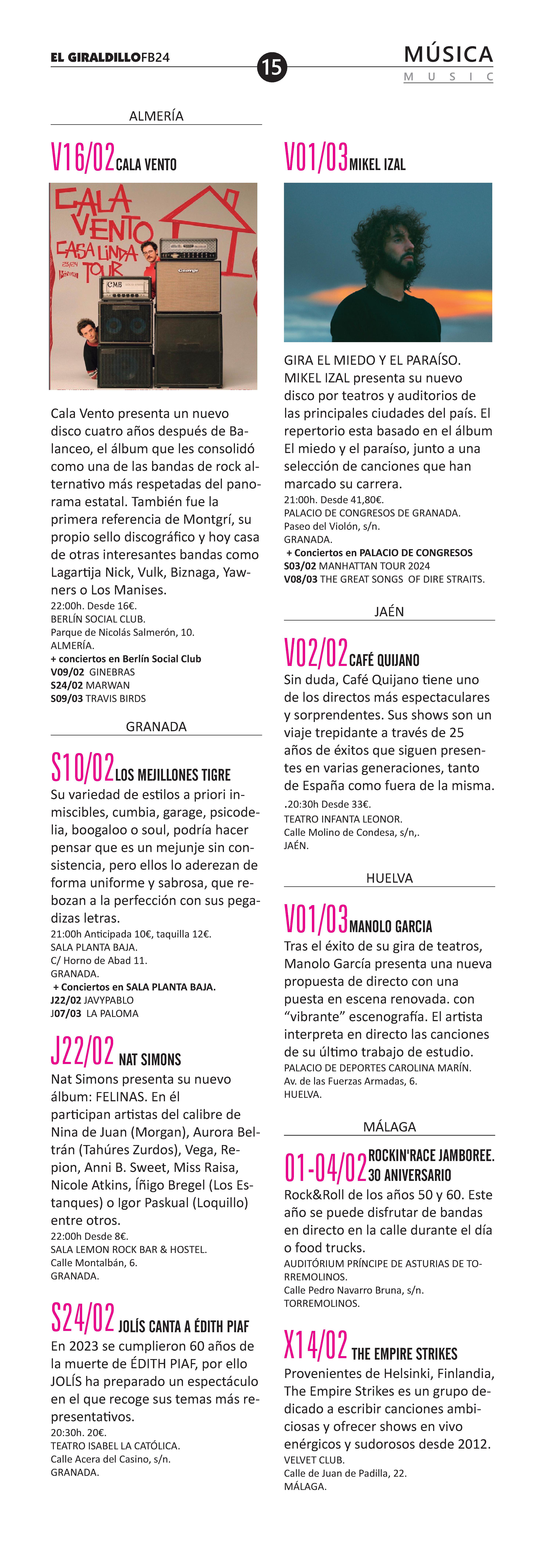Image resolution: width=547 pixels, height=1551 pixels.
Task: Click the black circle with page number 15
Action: tap(272, 67)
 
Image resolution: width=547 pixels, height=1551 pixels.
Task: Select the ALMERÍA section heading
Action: tap(156, 116)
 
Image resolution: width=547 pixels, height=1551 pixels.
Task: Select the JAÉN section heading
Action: tap(389, 612)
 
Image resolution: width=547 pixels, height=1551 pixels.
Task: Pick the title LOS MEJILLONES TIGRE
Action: tap(173, 775)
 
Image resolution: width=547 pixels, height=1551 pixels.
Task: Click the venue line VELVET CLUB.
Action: tap(314, 1460)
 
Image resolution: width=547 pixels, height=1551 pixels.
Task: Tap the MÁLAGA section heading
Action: tap(389, 1126)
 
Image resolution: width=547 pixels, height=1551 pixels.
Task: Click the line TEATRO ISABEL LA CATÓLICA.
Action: tap(115, 1446)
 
